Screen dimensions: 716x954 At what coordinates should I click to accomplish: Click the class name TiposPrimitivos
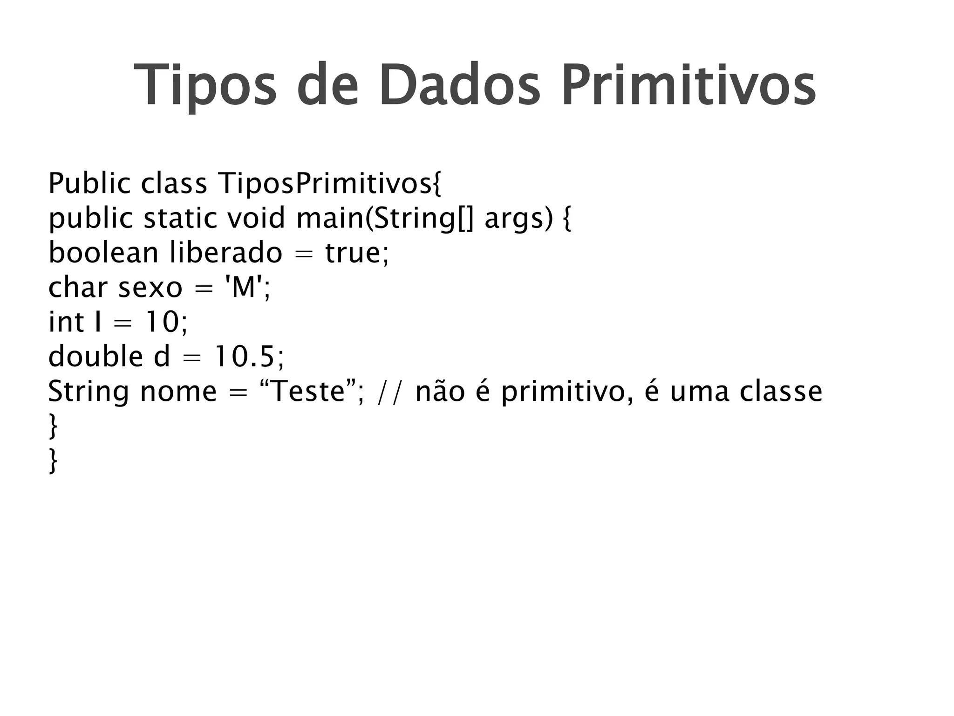329,184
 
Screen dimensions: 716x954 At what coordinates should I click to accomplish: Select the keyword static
180,218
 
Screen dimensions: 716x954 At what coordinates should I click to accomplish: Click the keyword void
256,218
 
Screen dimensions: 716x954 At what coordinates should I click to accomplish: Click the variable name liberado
226,253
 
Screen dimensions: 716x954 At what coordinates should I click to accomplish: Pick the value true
356,253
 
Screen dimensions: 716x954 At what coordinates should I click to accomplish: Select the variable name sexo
150,287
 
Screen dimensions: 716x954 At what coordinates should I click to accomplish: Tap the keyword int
66,322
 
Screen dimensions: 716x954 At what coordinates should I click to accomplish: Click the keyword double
95,356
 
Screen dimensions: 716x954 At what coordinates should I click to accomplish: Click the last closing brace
53,461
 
